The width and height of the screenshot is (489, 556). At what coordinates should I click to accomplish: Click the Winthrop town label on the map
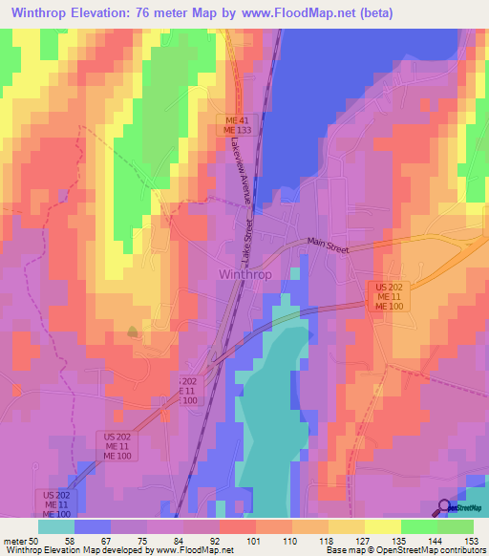coord(246,272)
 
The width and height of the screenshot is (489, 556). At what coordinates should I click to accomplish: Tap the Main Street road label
coord(329,246)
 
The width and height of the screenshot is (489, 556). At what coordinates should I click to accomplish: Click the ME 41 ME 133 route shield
coord(237,124)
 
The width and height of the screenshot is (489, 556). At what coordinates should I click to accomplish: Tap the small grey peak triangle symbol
coord(132,331)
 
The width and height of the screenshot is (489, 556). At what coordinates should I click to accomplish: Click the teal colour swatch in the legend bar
coord(56,525)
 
